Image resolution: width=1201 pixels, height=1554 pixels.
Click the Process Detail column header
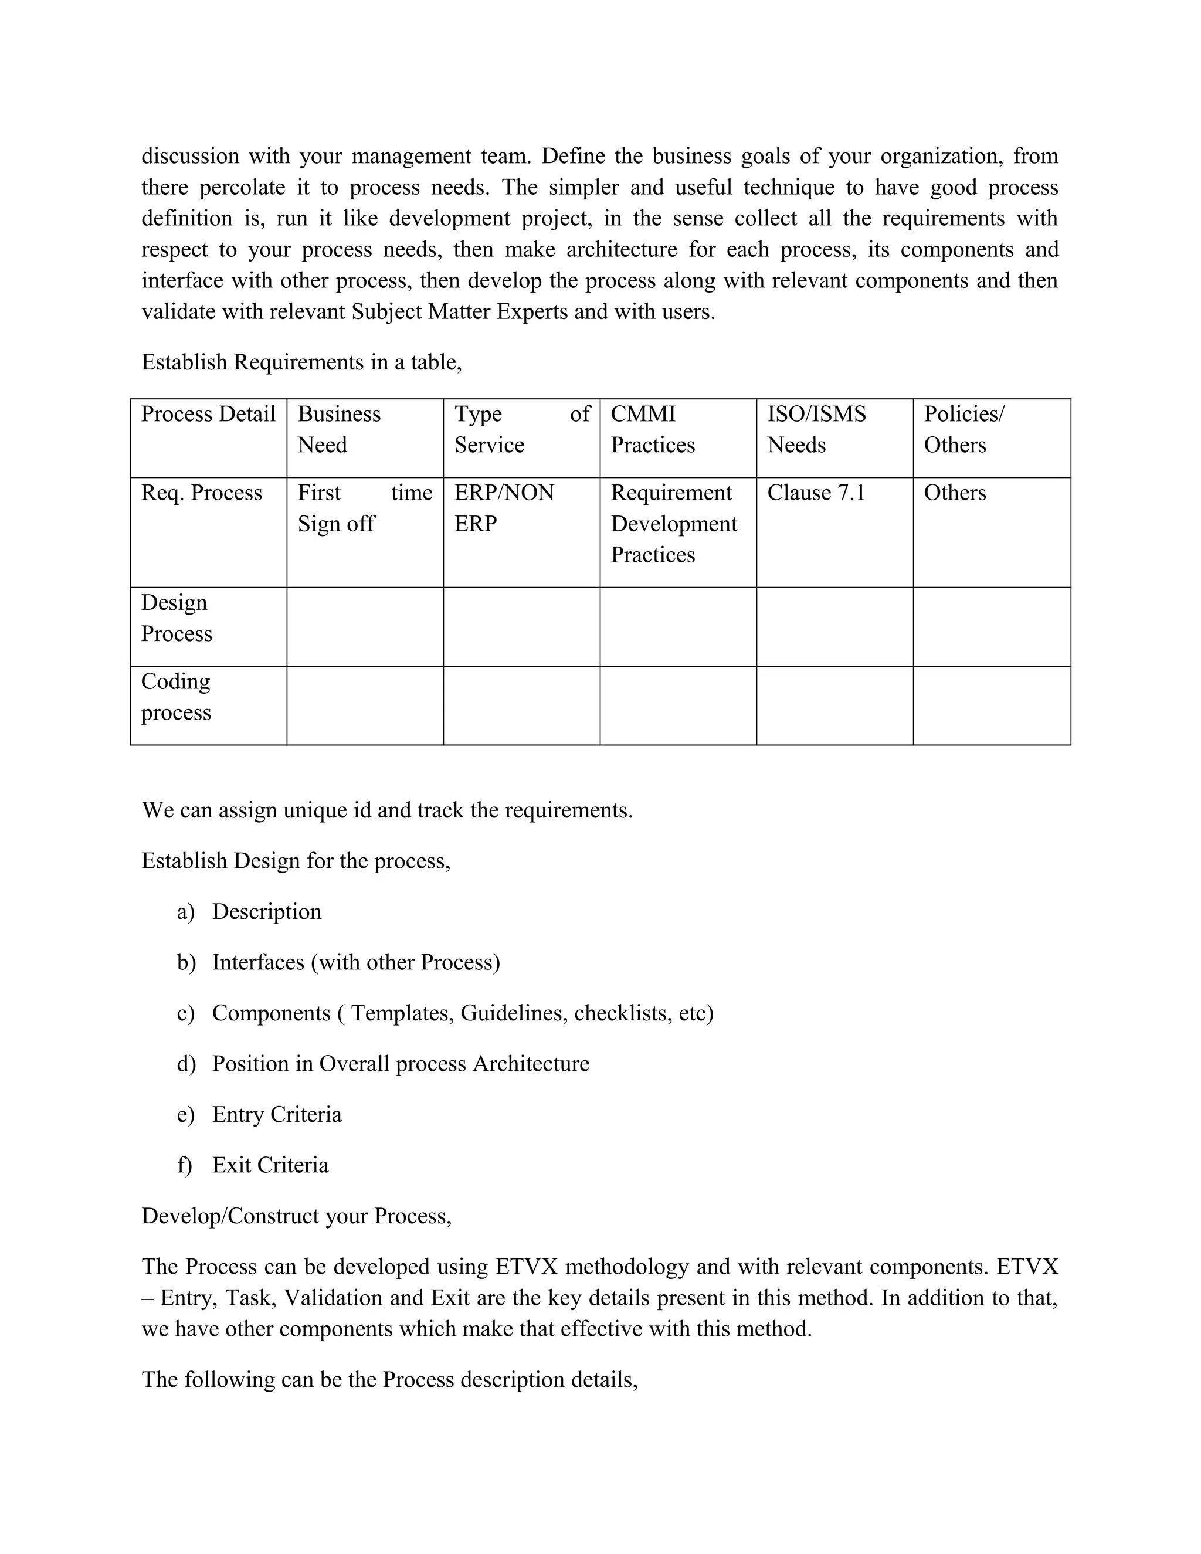click(208, 414)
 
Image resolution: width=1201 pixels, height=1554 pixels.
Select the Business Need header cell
click(340, 429)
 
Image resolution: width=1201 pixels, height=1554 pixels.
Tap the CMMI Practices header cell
click(653, 429)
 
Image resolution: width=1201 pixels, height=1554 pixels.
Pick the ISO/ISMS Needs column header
click(816, 429)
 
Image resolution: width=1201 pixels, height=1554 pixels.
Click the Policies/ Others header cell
click(963, 429)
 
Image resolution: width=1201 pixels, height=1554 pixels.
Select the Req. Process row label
click(201, 493)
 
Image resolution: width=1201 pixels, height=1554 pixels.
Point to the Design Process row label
click(177, 617)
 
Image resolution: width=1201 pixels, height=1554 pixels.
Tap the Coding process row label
click(176, 697)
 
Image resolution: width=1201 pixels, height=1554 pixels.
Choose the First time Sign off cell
click(364, 508)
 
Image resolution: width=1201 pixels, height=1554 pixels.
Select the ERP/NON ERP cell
click(504, 508)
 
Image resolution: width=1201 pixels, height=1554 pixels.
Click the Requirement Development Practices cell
click(673, 524)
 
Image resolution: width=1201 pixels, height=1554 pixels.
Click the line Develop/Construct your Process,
click(297, 1215)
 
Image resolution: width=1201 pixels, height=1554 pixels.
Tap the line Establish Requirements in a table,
click(301, 362)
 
